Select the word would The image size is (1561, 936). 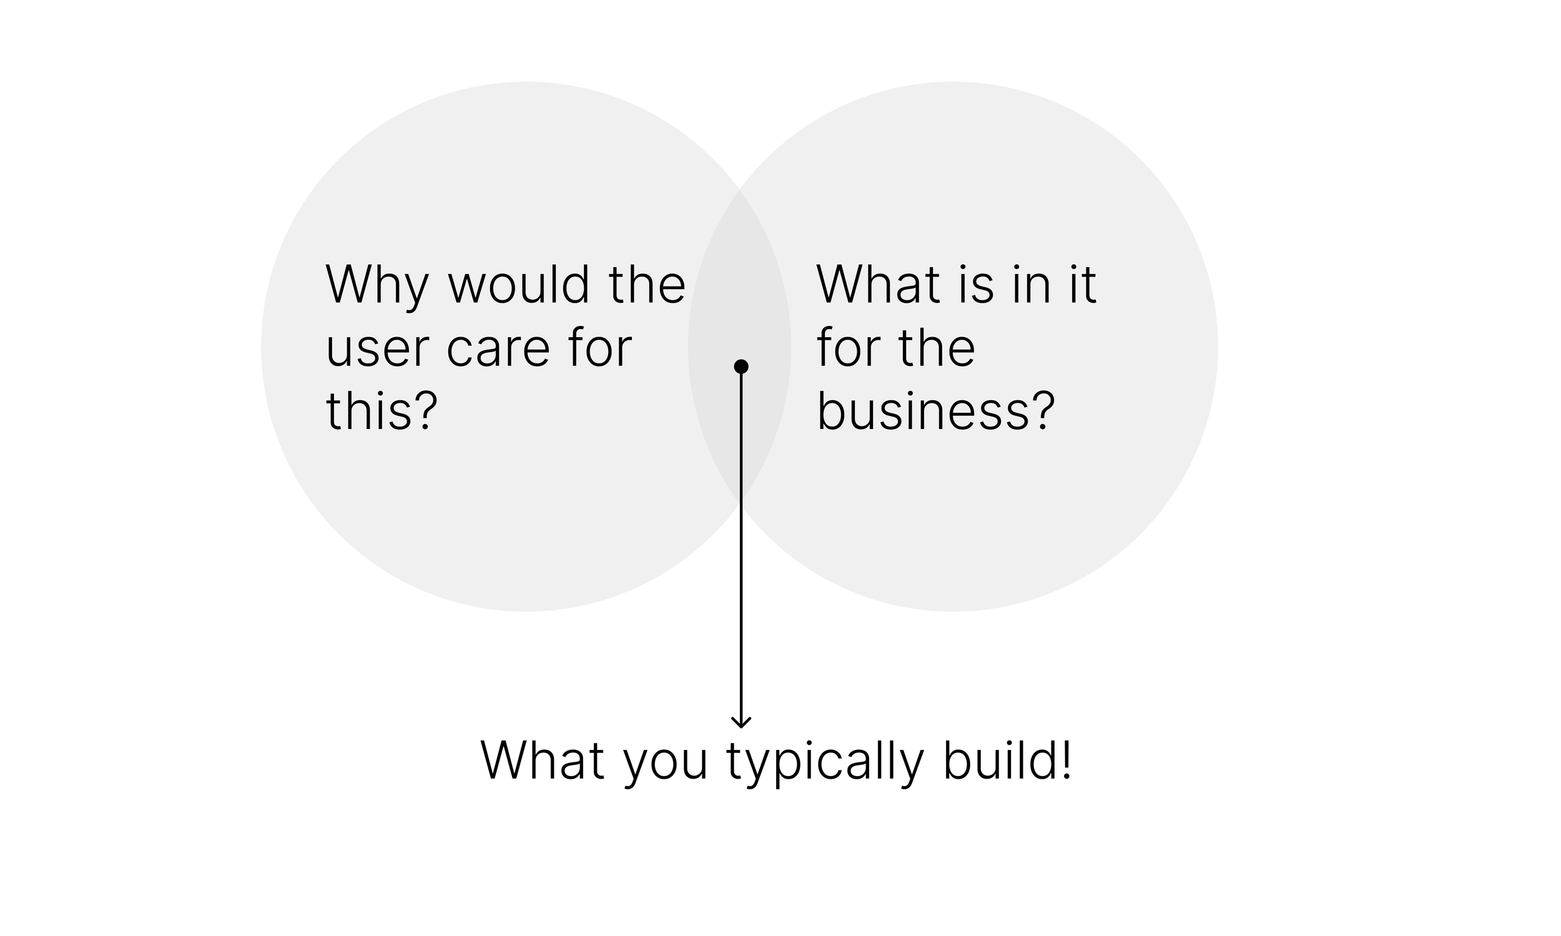518,285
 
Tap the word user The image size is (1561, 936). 377,350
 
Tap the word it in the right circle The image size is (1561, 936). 1083,285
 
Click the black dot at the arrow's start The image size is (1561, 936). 741,367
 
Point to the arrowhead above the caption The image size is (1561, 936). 741,722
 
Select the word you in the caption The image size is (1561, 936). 666,764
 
